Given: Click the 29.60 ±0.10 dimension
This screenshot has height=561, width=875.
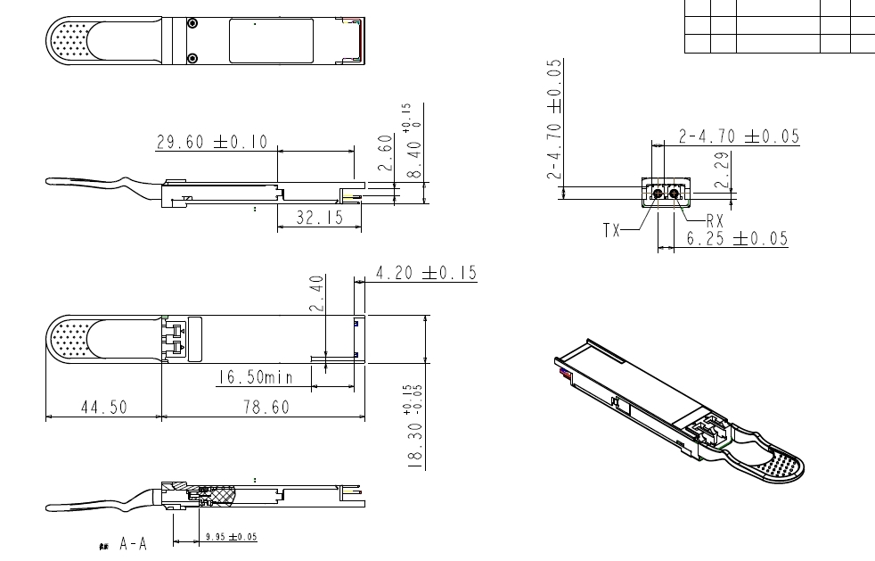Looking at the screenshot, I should (217, 143).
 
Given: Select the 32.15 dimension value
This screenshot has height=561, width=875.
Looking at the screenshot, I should (319, 217).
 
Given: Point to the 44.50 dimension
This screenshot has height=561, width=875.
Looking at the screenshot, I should (103, 407).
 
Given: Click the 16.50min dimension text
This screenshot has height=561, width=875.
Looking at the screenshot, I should (255, 378).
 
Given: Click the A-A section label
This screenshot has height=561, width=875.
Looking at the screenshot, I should (134, 543).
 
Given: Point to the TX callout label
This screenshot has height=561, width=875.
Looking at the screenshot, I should (611, 230).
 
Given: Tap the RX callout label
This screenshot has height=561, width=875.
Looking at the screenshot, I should (715, 219).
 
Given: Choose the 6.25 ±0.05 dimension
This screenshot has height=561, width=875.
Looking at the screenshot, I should (737, 238).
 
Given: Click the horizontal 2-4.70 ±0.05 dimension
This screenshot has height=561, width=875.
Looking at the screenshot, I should (739, 137).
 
